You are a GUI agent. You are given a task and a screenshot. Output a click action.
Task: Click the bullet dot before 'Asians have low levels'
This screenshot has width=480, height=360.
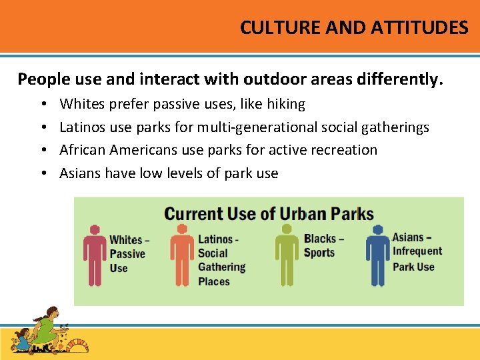click(x=42, y=174)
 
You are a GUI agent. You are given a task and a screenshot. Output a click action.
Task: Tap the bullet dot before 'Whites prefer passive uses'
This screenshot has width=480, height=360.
click(x=42, y=105)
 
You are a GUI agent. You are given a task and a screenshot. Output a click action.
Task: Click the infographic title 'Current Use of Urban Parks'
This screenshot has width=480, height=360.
click(x=269, y=214)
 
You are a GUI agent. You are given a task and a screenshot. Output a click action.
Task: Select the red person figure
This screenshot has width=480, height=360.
click(x=95, y=255)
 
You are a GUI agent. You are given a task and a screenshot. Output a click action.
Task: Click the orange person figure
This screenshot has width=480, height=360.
click(x=181, y=255)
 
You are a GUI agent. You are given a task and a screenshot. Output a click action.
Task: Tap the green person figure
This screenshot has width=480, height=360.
click(x=287, y=255)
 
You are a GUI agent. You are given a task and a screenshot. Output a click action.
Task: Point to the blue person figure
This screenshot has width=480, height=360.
click(x=378, y=255)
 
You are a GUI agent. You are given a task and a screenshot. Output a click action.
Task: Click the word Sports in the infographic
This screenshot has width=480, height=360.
click(x=319, y=253)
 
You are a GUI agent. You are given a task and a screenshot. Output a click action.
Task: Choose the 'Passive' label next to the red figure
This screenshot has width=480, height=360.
click(x=127, y=254)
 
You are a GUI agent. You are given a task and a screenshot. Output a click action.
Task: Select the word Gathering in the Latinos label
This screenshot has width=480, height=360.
click(x=221, y=267)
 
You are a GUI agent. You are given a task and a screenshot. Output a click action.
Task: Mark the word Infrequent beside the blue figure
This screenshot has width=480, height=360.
click(x=417, y=251)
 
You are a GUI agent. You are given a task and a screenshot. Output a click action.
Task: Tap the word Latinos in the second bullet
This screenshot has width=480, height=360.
click(x=80, y=127)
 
